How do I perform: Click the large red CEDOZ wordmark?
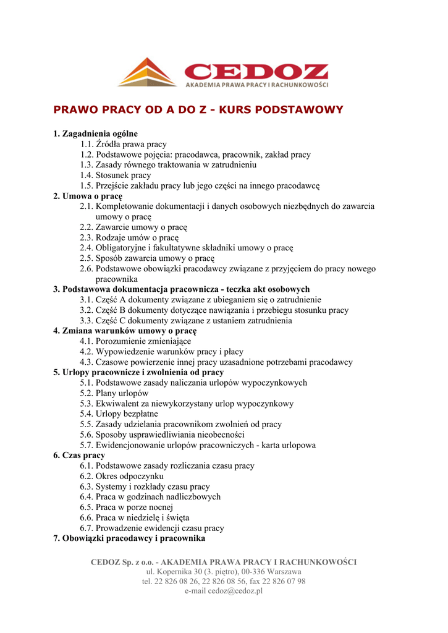(x=256, y=70)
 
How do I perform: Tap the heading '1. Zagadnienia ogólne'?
(x=95, y=134)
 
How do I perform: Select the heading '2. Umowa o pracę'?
(x=87, y=196)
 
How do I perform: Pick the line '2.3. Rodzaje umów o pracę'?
(x=129, y=237)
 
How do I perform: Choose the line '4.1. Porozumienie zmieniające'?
(x=135, y=341)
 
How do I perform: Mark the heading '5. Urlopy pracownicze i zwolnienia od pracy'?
(x=138, y=373)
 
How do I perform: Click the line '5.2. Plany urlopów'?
(x=114, y=393)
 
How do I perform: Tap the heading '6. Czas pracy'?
(x=79, y=456)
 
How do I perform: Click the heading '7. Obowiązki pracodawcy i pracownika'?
(x=129, y=539)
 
